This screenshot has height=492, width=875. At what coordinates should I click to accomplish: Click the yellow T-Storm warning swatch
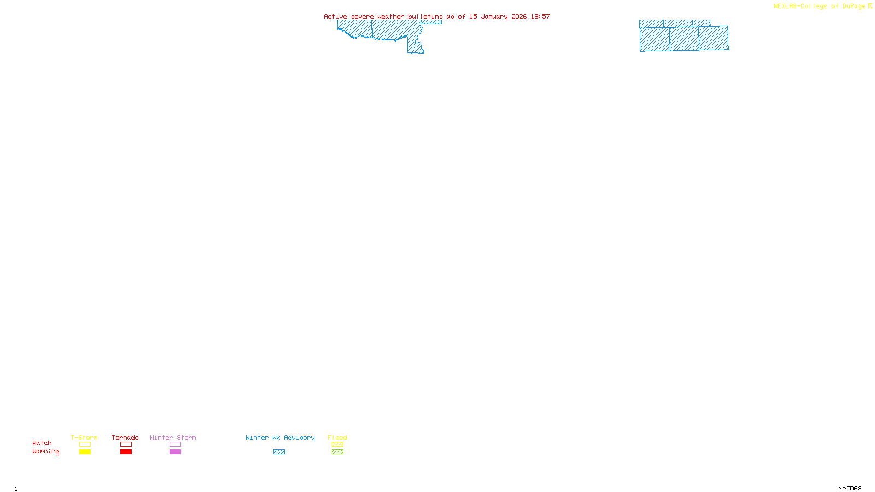point(85,452)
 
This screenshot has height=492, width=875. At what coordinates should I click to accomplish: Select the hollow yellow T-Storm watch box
point(85,444)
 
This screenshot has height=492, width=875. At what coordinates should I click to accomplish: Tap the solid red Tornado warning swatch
point(126,452)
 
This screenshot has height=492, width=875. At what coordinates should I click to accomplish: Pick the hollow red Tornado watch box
point(126,444)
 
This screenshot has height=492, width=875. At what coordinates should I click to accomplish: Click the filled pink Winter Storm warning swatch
point(175,452)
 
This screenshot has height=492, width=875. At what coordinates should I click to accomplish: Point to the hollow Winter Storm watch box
point(175,444)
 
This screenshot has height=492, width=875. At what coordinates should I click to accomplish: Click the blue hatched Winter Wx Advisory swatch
point(279,452)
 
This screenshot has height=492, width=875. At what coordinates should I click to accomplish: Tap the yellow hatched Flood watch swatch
point(337,444)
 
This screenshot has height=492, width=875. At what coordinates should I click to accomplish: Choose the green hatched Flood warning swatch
point(337,452)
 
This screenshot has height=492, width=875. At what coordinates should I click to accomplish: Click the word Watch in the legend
point(42,443)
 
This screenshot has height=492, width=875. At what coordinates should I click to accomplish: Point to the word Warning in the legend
point(45,452)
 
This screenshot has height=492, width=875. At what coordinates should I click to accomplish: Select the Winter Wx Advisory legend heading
point(280,437)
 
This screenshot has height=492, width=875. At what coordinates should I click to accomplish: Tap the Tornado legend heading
point(125,437)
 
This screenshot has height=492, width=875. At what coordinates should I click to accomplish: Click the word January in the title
point(494,16)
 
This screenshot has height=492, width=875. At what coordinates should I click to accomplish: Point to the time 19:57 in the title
point(540,16)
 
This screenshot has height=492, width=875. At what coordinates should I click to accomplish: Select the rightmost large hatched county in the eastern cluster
point(714,38)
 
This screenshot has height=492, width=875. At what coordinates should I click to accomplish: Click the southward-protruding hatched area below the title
point(415,46)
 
